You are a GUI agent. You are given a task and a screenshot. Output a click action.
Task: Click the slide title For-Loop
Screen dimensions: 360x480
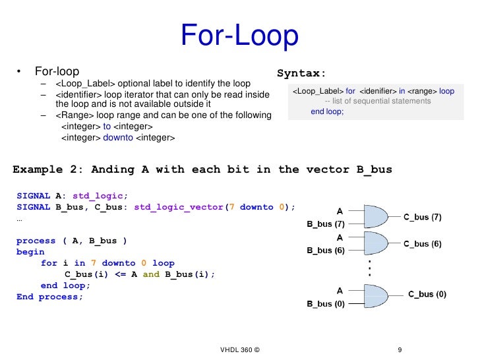tap(239, 36)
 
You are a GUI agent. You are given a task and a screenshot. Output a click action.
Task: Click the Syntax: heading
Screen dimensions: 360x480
tap(301, 73)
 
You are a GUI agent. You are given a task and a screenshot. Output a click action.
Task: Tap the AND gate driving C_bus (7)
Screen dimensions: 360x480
tap(375, 217)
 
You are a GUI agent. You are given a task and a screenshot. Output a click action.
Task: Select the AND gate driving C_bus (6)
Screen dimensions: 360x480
tap(375, 243)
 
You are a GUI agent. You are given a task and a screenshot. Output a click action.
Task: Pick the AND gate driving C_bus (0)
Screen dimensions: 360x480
tap(375, 296)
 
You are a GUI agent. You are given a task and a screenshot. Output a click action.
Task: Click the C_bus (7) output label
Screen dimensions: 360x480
tap(423, 216)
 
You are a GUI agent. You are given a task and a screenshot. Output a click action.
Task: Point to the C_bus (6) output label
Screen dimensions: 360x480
tap(423, 243)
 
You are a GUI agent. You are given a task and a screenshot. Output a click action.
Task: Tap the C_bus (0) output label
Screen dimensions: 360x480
tap(427, 294)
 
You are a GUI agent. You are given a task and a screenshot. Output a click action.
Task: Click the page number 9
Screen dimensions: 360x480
tap(400, 349)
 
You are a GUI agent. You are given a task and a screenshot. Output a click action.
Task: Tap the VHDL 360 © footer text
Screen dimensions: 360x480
tap(240, 349)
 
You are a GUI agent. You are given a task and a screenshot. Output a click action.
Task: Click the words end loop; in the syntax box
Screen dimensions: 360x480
tap(328, 111)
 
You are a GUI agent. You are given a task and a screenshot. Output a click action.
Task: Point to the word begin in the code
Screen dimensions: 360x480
tap(30, 252)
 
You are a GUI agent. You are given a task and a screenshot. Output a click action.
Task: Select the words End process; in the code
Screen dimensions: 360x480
tap(50, 297)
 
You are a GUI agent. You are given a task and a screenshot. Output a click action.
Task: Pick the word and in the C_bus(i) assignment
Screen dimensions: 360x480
tap(151, 274)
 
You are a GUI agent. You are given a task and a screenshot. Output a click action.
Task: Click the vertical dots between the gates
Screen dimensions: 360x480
tap(370, 268)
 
